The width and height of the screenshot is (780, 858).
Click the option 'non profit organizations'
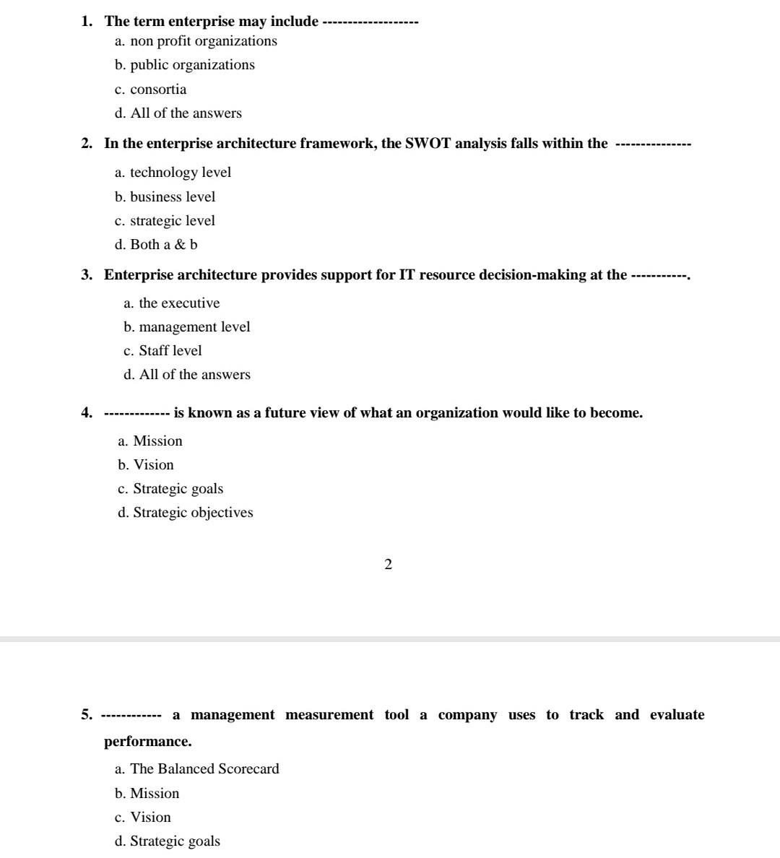point(203,41)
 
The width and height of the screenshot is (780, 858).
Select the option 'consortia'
point(158,90)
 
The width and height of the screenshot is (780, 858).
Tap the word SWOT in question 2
point(428,143)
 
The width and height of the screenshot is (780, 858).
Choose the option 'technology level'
point(181,173)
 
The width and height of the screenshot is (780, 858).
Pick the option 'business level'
point(173,197)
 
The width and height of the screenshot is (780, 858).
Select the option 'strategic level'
point(172,221)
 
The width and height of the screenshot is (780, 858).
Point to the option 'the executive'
point(179,303)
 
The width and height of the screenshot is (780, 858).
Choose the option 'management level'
point(194,327)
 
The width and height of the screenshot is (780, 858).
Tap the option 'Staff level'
point(170,351)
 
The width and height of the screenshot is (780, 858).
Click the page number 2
point(389,565)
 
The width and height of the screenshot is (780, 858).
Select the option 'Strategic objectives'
point(193,513)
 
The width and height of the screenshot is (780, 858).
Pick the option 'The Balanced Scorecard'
point(204,769)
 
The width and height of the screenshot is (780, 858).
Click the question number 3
point(87,275)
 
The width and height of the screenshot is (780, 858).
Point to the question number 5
point(87,715)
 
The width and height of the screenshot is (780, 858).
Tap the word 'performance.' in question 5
point(148,742)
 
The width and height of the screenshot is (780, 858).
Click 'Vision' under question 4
point(153,465)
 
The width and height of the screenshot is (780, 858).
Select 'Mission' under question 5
point(155,794)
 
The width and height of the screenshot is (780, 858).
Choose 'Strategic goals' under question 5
point(175,841)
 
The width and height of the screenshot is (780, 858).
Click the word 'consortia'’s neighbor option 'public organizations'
point(192,65)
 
